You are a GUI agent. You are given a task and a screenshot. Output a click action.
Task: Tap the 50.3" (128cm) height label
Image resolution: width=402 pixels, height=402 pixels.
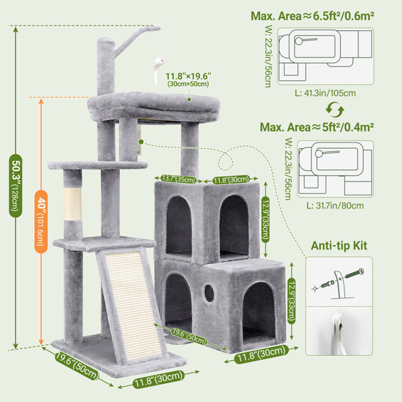pyautogui.click(x=15, y=186)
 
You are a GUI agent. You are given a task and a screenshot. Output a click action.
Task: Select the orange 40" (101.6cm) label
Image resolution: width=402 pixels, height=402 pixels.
pyautogui.click(x=41, y=222)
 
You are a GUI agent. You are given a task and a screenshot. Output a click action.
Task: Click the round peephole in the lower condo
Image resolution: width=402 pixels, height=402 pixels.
pyautogui.click(x=209, y=293)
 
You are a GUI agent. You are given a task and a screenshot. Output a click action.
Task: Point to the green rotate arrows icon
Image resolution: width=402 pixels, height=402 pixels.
pyautogui.click(x=335, y=110)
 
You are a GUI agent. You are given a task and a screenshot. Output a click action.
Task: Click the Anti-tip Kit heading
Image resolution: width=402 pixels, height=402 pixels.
pyautogui.click(x=339, y=246)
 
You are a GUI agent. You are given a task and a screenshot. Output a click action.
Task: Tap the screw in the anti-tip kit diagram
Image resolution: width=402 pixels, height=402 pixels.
pyautogui.click(x=354, y=273)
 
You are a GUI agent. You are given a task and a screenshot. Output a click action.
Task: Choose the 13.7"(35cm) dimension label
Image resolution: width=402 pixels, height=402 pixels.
pyautogui.click(x=178, y=179)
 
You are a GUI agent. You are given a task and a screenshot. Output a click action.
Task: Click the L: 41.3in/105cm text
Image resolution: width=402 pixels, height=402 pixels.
pyautogui.click(x=325, y=93)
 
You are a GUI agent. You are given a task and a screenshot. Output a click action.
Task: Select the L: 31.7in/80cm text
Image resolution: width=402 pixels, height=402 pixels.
pyautogui.click(x=335, y=206)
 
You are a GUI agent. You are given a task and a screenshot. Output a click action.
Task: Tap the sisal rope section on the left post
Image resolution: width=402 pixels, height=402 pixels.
pyautogui.click(x=73, y=204)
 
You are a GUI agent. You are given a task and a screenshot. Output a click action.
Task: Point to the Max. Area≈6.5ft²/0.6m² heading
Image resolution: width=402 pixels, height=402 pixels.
pyautogui.click(x=312, y=16)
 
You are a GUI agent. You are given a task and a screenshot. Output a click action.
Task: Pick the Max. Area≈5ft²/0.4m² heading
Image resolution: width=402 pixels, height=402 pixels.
pyautogui.click(x=317, y=127)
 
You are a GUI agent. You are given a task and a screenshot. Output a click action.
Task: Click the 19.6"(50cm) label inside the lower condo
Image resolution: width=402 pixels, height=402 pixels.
pyautogui.click(x=189, y=336)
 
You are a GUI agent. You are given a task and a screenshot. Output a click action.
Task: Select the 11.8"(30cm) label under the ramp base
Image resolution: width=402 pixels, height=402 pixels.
pyautogui.click(x=158, y=379)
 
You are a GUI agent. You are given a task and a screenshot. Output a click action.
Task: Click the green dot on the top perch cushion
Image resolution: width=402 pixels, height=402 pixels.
pyautogui.click(x=189, y=99)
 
